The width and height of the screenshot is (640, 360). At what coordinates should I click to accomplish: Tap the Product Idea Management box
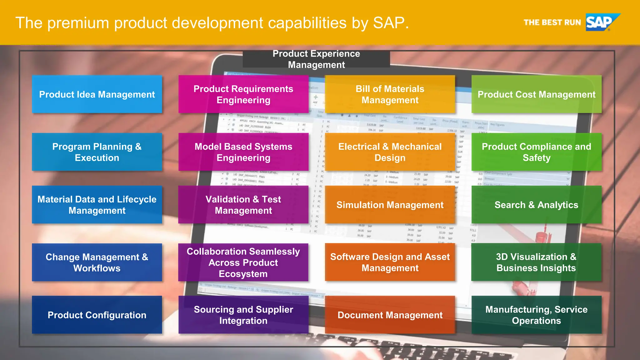pos(97,94)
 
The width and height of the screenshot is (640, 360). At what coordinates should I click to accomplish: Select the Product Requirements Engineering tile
pos(243,94)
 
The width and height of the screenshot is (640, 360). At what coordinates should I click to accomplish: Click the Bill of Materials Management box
pos(390,94)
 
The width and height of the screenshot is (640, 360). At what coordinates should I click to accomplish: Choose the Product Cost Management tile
pos(536,94)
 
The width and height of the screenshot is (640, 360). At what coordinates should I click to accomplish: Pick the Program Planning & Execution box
pos(97,152)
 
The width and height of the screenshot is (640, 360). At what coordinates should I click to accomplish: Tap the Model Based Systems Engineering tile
pos(243,152)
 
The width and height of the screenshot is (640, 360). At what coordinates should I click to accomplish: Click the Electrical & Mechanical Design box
pos(390,152)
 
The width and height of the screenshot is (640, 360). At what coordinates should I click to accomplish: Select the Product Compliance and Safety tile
pos(536,152)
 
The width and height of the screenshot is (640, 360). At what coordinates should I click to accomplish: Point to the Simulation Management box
pos(390,205)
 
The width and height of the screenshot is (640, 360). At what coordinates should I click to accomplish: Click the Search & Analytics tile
pos(536,205)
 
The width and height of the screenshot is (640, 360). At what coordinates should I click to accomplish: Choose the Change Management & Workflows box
pos(97,262)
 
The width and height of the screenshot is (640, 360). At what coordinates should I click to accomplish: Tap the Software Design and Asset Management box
pos(390,262)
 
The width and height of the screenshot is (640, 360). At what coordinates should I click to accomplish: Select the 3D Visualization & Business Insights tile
pos(536,262)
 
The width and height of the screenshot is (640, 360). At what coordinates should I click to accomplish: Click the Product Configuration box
pos(97,315)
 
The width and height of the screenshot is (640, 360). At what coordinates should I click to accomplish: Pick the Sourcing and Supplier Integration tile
pos(243,315)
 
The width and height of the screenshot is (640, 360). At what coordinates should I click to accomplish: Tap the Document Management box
pos(390,315)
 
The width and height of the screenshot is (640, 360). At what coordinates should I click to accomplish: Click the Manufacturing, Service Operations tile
pos(536,315)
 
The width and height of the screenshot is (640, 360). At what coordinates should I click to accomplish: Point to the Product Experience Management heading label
pos(316,59)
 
